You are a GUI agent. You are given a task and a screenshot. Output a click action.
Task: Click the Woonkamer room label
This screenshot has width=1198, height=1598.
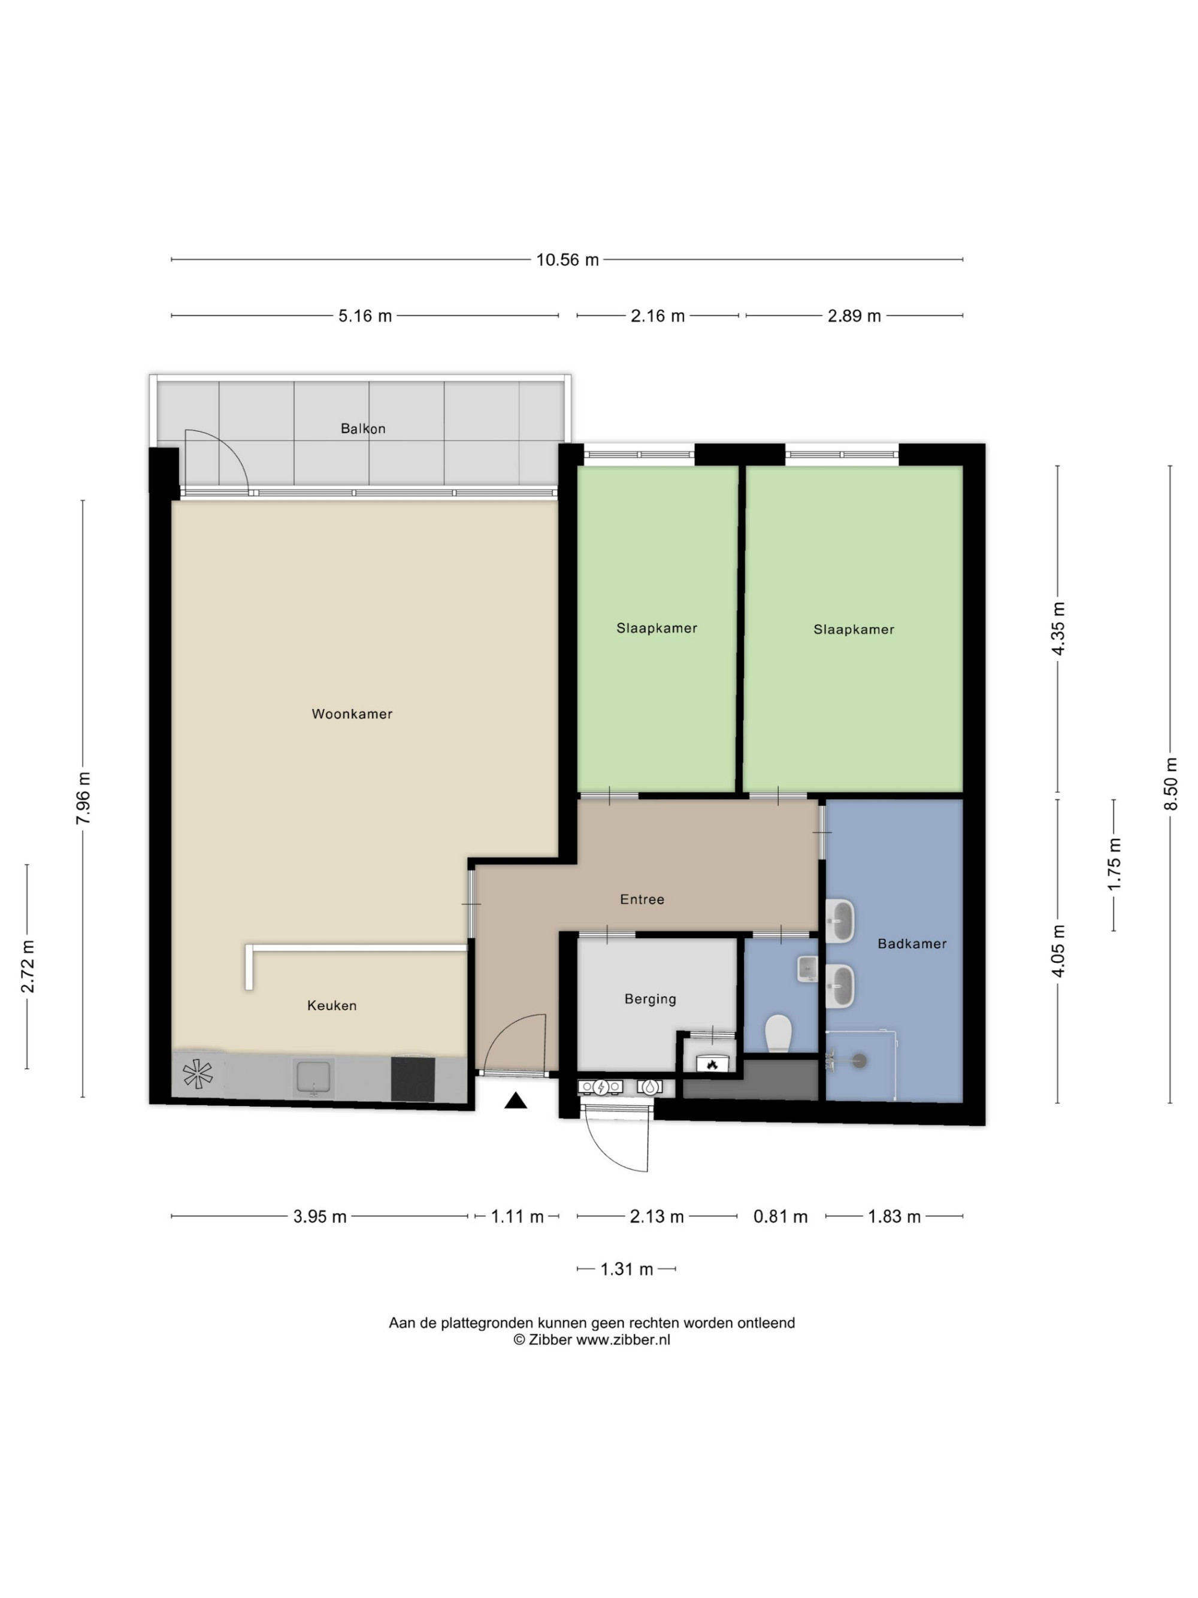pos(352,714)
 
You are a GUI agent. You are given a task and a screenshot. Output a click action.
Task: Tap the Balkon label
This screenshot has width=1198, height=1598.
pos(362,428)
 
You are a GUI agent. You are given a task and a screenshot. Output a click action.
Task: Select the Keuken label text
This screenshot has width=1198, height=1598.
pos(331,1005)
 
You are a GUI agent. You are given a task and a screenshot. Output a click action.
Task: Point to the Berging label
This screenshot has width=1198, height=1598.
pos(650,999)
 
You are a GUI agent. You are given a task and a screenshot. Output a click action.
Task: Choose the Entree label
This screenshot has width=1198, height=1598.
pos(642,899)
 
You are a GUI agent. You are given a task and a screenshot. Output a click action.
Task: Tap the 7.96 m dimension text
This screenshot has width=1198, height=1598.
pos(84,798)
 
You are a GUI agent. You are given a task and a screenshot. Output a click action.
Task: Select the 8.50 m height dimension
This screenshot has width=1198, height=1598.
pos(1170,784)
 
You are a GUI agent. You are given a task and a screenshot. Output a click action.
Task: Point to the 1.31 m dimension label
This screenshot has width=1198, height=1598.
pos(626,1268)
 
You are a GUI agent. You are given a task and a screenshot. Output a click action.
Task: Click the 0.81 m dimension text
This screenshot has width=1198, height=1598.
pos(780,1216)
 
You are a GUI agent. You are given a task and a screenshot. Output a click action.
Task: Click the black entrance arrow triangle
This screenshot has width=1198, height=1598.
pos(515,1100)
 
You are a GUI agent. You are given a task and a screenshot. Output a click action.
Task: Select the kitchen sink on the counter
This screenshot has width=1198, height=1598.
pos(313,1078)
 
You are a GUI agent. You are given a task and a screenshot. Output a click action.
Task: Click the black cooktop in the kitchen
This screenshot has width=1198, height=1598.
pos(413,1079)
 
